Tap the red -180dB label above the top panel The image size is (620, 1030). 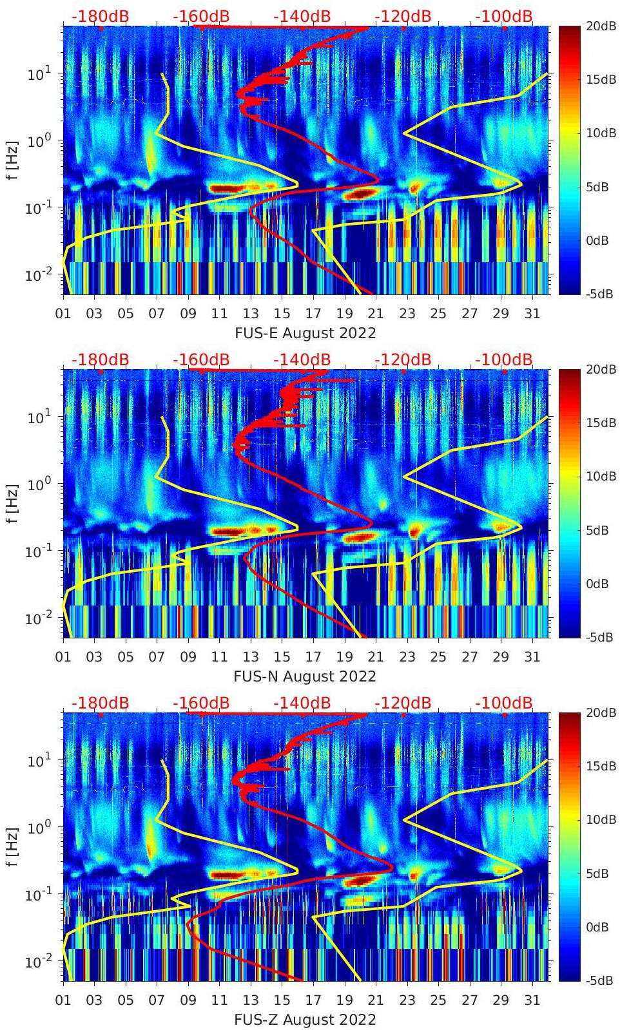pyautogui.click(x=100, y=16)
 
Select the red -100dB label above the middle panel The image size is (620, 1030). pyautogui.click(x=504, y=359)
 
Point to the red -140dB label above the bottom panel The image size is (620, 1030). pyautogui.click(x=302, y=703)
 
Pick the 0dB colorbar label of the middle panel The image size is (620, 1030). pyautogui.click(x=597, y=584)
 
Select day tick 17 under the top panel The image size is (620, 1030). pyautogui.click(x=313, y=314)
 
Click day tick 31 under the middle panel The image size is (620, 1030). pyautogui.click(x=532, y=657)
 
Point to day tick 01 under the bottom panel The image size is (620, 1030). pyautogui.click(x=63, y=1000)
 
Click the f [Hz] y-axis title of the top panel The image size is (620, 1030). pyautogui.click(x=13, y=160)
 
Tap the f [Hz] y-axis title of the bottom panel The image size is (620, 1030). pyautogui.click(x=13, y=847)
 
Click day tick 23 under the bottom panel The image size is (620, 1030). pyautogui.click(x=407, y=1000)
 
